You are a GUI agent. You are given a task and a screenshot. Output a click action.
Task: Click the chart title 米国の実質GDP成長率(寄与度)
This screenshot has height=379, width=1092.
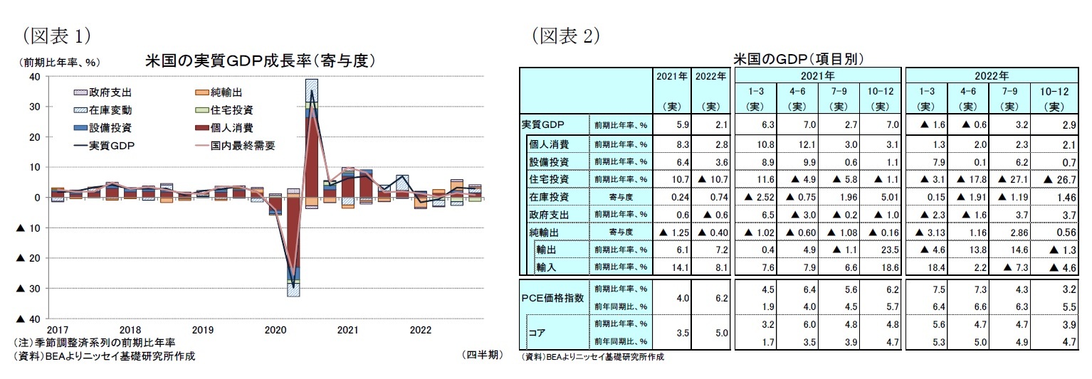[x=259, y=61]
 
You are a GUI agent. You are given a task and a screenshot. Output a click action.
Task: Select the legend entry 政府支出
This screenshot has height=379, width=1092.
[x=110, y=92]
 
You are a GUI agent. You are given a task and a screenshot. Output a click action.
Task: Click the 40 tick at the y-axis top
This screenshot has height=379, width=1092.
[x=35, y=77]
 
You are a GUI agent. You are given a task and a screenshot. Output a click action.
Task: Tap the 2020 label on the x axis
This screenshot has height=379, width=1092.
[x=275, y=330]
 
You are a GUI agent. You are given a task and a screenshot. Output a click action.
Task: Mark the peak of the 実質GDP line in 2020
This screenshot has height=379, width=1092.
[x=311, y=90]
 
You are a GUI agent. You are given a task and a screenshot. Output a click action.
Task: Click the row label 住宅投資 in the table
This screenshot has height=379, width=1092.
[x=549, y=178]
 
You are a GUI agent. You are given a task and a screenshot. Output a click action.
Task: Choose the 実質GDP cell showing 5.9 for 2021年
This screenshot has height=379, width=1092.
[x=673, y=124]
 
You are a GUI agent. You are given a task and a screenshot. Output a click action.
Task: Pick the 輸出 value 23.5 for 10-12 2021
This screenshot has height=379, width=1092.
[x=881, y=249]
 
